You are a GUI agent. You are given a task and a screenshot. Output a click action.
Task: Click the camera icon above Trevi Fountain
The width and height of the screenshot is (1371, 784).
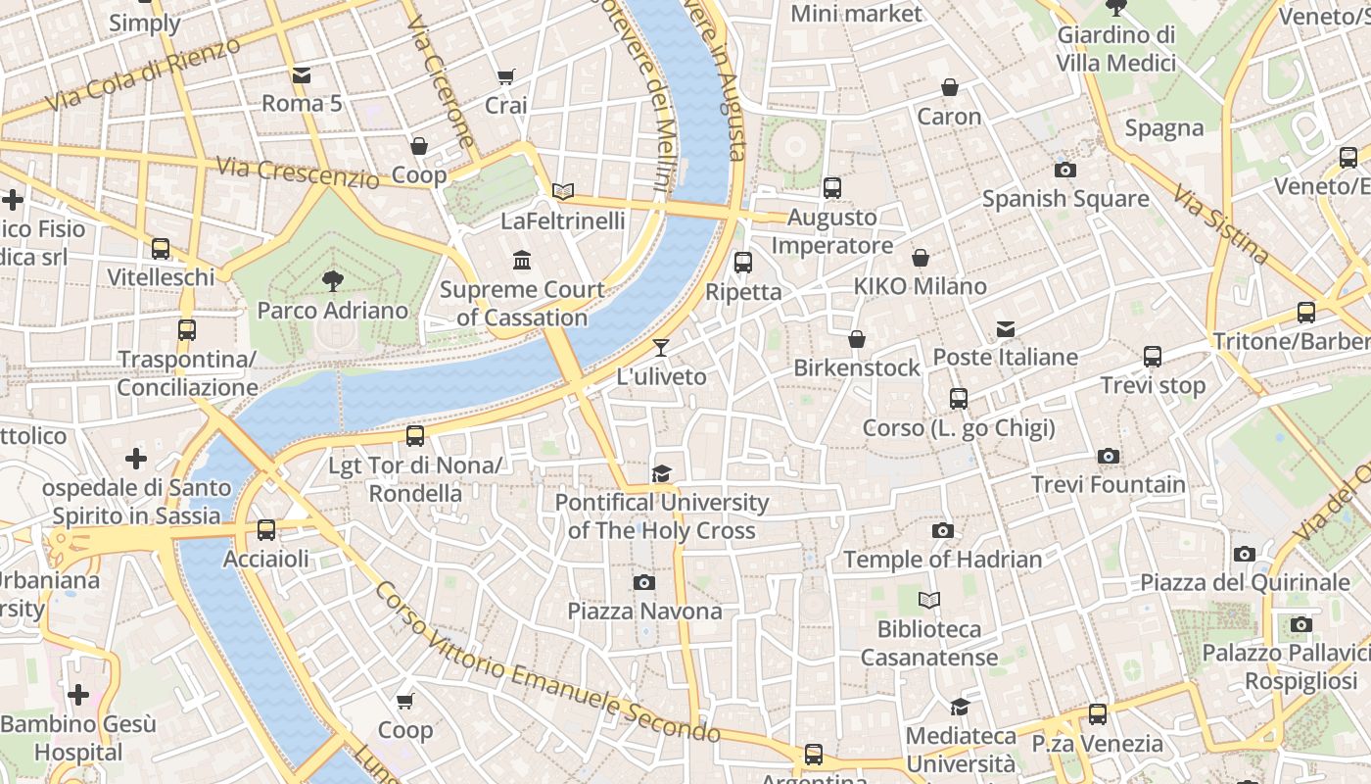[1108, 456]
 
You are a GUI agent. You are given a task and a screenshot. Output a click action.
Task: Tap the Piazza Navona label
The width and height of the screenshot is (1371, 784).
[645, 612]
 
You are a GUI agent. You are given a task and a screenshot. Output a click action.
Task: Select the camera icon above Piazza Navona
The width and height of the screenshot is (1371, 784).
[643, 582]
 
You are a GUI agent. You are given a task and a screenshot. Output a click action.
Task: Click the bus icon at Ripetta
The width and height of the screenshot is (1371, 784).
[743, 262]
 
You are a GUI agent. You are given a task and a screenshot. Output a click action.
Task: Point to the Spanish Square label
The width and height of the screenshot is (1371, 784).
[1065, 199]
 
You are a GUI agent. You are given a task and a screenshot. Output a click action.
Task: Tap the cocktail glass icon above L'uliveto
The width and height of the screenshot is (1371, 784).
[661, 348]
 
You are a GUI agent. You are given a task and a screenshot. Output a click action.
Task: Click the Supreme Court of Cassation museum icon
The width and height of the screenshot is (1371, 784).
[522, 261]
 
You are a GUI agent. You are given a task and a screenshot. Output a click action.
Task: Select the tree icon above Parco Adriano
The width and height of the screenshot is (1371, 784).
[332, 281]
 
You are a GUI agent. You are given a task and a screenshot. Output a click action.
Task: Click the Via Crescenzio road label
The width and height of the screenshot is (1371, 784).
[297, 172]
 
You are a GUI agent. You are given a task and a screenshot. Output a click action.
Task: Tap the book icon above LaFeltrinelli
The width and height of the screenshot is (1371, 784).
[562, 191]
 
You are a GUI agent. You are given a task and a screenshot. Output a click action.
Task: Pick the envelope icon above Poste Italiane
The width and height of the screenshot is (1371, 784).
[1005, 328]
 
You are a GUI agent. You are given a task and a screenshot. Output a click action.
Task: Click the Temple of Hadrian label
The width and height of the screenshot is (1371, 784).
[943, 560]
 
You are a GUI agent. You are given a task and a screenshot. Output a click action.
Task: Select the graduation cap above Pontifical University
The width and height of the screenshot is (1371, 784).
[662, 474]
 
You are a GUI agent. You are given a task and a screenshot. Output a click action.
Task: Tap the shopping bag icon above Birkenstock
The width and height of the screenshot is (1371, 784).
[857, 339]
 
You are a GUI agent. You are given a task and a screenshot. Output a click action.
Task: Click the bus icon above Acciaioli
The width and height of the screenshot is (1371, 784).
[265, 530]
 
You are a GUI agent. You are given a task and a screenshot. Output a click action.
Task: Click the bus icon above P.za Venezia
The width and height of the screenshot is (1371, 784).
[1098, 714]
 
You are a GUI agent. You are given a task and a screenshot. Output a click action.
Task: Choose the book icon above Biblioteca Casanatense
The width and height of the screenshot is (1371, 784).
[929, 599]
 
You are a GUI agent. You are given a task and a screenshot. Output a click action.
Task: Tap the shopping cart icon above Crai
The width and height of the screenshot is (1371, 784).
[505, 76]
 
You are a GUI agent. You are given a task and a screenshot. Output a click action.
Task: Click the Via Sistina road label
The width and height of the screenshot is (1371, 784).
[1220, 227]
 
